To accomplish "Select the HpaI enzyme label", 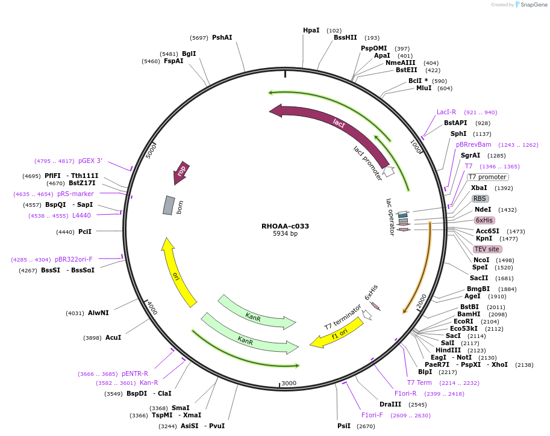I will tap(311, 30).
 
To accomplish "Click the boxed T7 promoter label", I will tap(487, 177).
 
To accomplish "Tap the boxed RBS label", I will tap(480, 198).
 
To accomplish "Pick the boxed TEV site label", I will tap(487, 249).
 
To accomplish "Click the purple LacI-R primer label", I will tap(446, 112).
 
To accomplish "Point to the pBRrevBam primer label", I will tap(473, 144).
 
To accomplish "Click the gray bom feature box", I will tap(169, 205).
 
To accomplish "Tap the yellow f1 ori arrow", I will tap(337, 333).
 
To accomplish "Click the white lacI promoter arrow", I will tap(389, 171).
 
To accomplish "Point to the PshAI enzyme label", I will tap(222, 37).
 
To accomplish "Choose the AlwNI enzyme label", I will tap(98, 313).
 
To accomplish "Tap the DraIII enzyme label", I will tap(390, 404).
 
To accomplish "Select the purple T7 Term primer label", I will tap(419, 382).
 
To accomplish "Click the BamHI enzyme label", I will tap(469, 314).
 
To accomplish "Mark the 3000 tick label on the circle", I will tap(289, 383).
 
